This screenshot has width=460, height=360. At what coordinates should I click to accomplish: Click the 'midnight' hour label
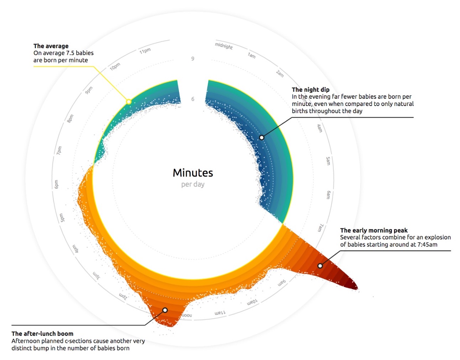pyautogui.click(x=224, y=46)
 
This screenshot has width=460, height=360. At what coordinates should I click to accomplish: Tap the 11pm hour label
pyautogui.click(x=145, y=51)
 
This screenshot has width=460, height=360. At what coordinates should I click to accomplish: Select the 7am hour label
pyautogui.click(x=321, y=228)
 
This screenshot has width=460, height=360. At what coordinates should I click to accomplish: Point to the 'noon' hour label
pyautogui.click(x=186, y=315)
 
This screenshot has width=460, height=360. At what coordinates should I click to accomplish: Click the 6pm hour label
pyautogui.click(x=56, y=184)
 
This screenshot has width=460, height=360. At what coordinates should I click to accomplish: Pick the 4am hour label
pyautogui.click(x=320, y=128)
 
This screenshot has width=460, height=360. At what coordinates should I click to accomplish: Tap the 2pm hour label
pyautogui.click(x=123, y=296)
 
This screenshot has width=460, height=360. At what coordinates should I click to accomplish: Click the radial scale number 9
pyautogui.click(x=193, y=59)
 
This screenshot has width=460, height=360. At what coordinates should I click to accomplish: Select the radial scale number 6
pyautogui.click(x=193, y=99)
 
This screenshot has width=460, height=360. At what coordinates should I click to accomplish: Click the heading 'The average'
pyautogui.click(x=51, y=46)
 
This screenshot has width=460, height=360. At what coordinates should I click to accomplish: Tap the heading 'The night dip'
pyautogui.click(x=311, y=90)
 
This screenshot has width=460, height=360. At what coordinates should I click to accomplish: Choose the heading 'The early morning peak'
pyautogui.click(x=374, y=230)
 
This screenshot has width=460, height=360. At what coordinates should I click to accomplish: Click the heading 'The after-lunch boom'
pyautogui.click(x=42, y=334)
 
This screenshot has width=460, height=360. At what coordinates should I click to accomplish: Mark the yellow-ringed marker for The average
pyautogui.click(x=129, y=102)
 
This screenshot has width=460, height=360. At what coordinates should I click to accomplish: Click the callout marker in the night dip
pyautogui.click(x=261, y=137)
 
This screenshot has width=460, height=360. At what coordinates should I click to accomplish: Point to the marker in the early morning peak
pyautogui.click(x=320, y=266)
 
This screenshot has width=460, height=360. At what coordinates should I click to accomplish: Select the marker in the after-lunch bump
pyautogui.click(x=165, y=310)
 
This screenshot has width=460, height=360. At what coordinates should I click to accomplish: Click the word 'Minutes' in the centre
pyautogui.click(x=193, y=173)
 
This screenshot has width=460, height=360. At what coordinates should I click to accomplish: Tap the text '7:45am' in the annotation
pyautogui.click(x=427, y=244)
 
